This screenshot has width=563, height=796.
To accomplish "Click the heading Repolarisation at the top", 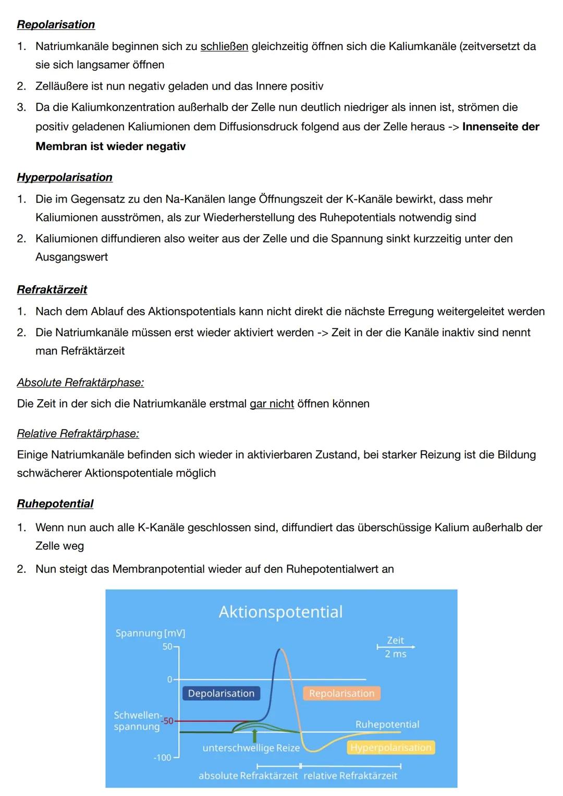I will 56,25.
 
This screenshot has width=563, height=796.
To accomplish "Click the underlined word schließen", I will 224,46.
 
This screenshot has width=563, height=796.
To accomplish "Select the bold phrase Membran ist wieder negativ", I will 111,146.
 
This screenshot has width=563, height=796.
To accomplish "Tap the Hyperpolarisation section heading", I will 65,177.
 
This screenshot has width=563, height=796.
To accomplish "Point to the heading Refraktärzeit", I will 52,289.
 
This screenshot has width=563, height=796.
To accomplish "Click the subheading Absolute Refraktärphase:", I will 80,383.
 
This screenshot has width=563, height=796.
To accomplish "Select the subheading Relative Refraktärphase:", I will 78,434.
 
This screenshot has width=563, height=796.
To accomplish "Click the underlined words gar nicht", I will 272,404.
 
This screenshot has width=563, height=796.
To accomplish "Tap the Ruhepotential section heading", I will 55,504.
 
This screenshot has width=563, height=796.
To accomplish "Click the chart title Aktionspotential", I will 280,611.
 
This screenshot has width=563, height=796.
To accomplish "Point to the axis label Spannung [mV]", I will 150,633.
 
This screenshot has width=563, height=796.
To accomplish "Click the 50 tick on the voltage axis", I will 167,646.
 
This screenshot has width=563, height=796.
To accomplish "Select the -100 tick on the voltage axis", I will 162,757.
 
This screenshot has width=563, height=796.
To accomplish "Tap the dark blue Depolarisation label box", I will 221,693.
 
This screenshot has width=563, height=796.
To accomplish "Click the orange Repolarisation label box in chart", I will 341,693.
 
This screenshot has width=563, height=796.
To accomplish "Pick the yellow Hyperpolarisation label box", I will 390,748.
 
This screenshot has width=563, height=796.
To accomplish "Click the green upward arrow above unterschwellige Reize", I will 254,735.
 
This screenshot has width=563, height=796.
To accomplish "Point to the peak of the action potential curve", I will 280,650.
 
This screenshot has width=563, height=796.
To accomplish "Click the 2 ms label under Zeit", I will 396,654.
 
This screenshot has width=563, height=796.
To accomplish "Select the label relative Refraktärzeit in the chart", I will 350,776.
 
